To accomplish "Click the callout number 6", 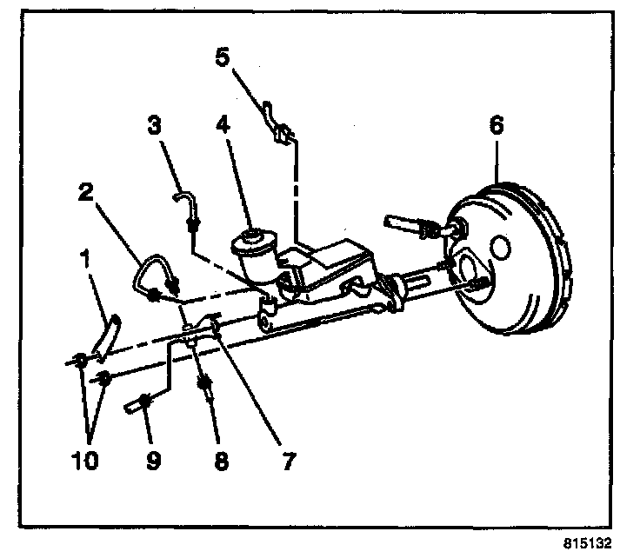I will click(x=496, y=125).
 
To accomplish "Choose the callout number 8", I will click(x=220, y=460).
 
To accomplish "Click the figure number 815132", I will click(x=589, y=541).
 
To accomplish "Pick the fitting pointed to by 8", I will click(x=207, y=386).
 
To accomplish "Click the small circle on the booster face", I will click(x=501, y=247).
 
